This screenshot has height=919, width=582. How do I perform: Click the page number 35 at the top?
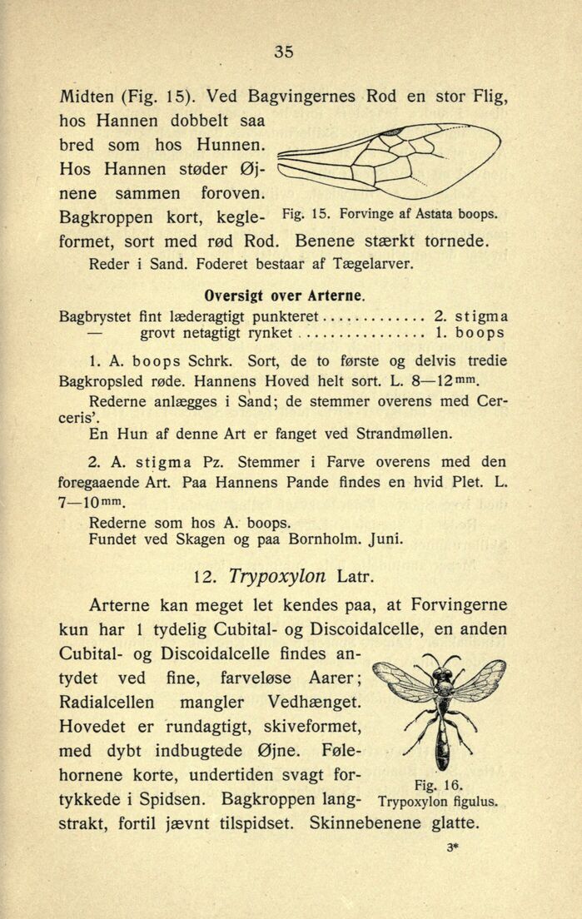click(283, 52)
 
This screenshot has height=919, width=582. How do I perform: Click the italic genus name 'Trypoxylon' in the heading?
click(278, 576)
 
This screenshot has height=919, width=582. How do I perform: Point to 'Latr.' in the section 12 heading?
click(360, 576)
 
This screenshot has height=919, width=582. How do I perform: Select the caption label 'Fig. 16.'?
click(437, 785)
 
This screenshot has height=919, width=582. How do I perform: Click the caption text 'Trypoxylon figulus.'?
click(437, 802)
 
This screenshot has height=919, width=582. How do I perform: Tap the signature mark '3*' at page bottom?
click(453, 848)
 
